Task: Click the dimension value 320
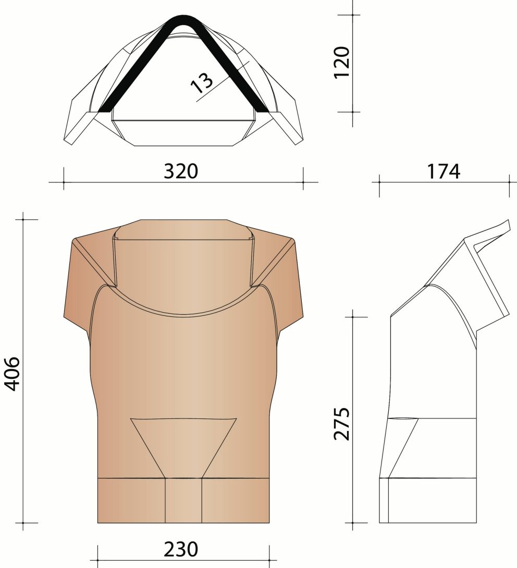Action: coord(181,171)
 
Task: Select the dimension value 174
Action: coord(444,171)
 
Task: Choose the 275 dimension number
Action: coord(342,425)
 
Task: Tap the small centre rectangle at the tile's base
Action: coord(183,500)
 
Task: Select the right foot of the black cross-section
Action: coord(262,109)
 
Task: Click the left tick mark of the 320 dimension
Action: coord(64,182)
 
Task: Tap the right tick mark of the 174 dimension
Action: coord(509,182)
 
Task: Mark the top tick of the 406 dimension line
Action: coord(23,219)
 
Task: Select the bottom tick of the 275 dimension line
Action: coord(353,523)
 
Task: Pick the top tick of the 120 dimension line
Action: coord(353,15)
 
